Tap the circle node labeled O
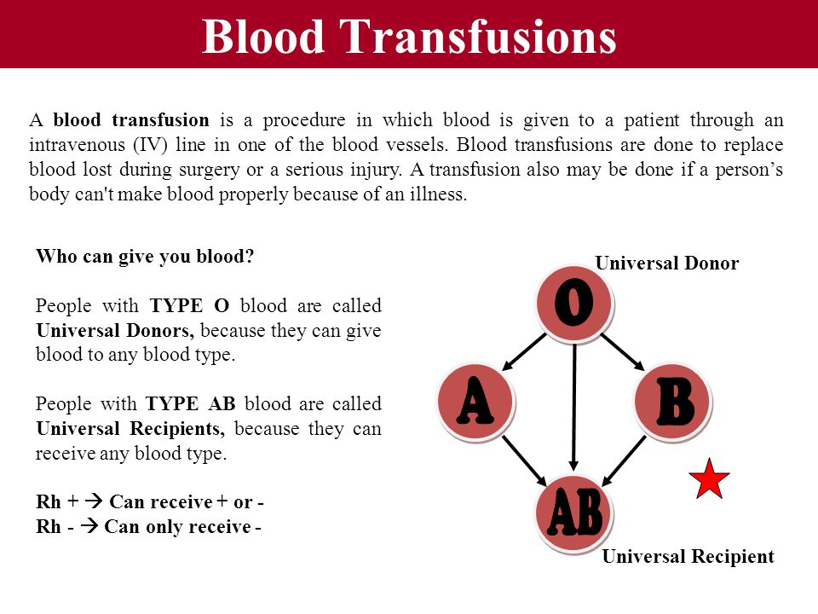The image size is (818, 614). coord(573,304)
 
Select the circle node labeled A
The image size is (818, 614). coord(475,402)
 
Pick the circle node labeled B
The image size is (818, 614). coord(673,402)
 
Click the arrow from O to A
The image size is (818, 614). coord(523,352)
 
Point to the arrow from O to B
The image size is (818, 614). coord(623,352)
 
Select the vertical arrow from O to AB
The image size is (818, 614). coord(573,406)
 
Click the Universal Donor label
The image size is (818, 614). coord(666,263)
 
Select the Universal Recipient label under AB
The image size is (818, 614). coord(688,557)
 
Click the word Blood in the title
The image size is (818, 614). coord(263,36)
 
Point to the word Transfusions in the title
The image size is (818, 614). coord(478,36)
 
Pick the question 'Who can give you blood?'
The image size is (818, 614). coord(145,257)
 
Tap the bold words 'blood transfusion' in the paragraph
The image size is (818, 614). coord(131,119)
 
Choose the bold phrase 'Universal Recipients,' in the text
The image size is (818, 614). coord(130,429)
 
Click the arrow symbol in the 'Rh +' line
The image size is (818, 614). coord(94,501)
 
